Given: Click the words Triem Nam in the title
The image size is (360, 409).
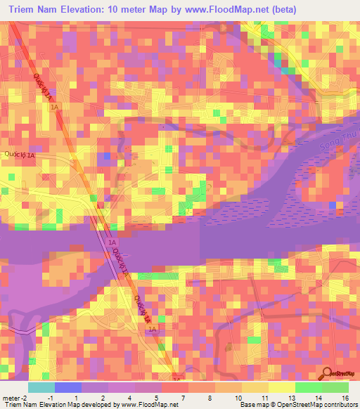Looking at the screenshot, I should point(34,10).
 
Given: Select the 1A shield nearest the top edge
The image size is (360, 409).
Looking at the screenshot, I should point(56,105).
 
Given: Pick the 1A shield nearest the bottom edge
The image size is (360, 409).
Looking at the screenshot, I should point(153,328).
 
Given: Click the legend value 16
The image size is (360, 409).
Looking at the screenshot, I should point(345,397).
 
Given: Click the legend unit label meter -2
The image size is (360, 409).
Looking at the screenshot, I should point(15,397).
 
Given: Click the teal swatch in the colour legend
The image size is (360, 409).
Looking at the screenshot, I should point(41,387).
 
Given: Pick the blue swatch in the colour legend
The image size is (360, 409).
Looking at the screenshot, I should point(67,387).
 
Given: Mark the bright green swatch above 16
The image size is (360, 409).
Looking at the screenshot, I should point(335,387).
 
